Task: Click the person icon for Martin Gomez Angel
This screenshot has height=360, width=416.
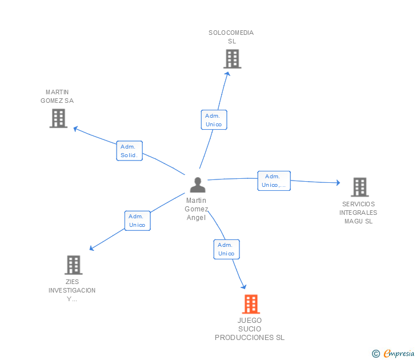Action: [198, 185]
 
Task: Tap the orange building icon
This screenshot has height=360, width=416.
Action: [251, 304]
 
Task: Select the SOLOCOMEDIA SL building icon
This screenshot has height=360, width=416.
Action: [233, 59]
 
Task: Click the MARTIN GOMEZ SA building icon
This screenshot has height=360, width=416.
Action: [58, 118]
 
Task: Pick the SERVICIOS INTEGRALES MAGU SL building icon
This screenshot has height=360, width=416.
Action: [360, 187]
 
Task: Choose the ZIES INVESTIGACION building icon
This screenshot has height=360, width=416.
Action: [74, 265]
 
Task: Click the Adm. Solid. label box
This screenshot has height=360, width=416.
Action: [130, 151]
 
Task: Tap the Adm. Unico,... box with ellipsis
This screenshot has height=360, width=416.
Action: [274, 181]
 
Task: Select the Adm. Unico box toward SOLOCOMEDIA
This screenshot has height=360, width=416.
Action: [214, 119]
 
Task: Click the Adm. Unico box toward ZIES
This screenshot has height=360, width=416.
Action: [137, 221]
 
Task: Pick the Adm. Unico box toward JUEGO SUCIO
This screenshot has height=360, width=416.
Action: [226, 249]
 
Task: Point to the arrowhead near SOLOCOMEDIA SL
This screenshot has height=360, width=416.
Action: [227, 74]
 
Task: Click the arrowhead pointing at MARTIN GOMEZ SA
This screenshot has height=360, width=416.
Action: [75, 129]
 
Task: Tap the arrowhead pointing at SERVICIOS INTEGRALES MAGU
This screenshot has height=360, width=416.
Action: [338, 182]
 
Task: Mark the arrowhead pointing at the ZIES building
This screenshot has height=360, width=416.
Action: [91, 248]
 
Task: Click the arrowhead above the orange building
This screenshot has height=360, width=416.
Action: [244, 286]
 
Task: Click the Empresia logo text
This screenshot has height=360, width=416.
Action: [399, 353]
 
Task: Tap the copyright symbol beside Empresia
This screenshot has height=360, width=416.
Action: [376, 354]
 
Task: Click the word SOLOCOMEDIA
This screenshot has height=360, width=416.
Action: [231, 33]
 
